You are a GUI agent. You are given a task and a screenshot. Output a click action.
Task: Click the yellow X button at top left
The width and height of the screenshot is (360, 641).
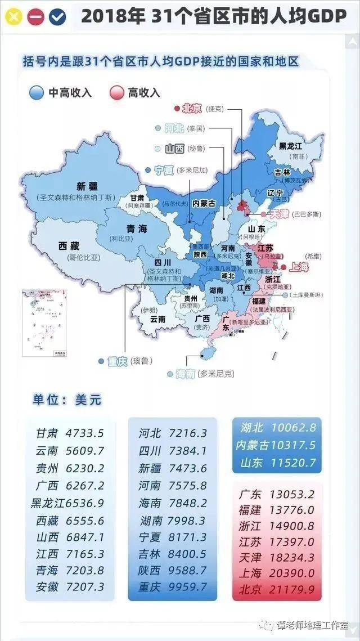tap(14, 17)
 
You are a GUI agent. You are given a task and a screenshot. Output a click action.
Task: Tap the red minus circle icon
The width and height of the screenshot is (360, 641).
tap(35, 17)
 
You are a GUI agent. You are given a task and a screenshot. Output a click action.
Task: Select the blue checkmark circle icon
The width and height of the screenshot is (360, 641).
tap(57, 17)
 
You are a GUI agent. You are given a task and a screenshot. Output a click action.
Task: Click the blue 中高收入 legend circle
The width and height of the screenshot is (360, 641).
tap(37, 93)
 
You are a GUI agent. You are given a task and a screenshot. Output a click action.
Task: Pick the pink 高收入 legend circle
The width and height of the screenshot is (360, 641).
tap(116, 93)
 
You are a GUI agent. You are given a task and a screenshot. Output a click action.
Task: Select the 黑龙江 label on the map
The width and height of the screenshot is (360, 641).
tap(291, 146)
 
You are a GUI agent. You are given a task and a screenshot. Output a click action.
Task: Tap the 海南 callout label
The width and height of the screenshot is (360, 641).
tap(185, 373)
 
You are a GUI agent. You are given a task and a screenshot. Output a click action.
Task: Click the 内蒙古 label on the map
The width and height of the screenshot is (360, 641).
tap(204, 203)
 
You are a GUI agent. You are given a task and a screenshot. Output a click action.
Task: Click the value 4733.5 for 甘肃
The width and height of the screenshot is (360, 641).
tap(85, 433)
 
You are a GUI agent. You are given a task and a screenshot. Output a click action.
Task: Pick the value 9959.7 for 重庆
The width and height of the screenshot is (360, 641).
tap(187, 587)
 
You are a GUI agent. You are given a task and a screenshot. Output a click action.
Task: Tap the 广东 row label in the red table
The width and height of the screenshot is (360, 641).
tap(250, 495)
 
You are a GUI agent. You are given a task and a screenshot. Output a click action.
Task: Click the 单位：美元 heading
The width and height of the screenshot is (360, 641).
tap(67, 400)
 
